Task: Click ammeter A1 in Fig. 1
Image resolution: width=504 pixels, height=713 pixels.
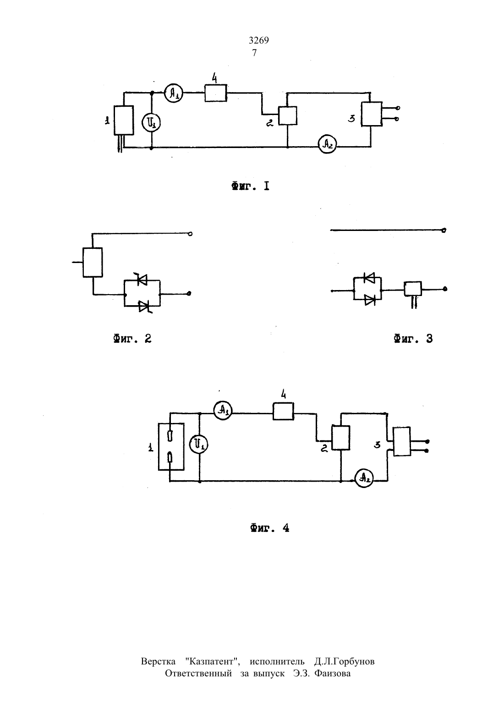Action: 173,93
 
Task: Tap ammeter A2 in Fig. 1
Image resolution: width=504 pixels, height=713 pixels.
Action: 328,144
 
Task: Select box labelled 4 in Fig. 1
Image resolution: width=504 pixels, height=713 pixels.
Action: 216,93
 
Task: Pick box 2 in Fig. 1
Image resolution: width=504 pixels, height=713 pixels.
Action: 288,115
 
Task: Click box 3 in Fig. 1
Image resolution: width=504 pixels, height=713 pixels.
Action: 372,114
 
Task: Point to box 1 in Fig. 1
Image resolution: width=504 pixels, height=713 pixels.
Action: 124,121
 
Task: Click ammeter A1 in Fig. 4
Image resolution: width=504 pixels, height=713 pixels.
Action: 223,411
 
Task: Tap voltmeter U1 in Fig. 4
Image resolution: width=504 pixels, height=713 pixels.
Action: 198,444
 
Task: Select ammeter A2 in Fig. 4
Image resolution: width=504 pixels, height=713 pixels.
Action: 364,478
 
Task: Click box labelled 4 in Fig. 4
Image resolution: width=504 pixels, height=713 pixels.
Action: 283,411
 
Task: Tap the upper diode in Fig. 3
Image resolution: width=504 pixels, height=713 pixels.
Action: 369,278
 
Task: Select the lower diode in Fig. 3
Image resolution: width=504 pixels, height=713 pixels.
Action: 370,300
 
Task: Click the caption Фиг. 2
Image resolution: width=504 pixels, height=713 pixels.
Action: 132,339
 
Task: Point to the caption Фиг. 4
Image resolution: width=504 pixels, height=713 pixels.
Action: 270,528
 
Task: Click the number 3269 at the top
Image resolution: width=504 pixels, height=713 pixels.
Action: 259,40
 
